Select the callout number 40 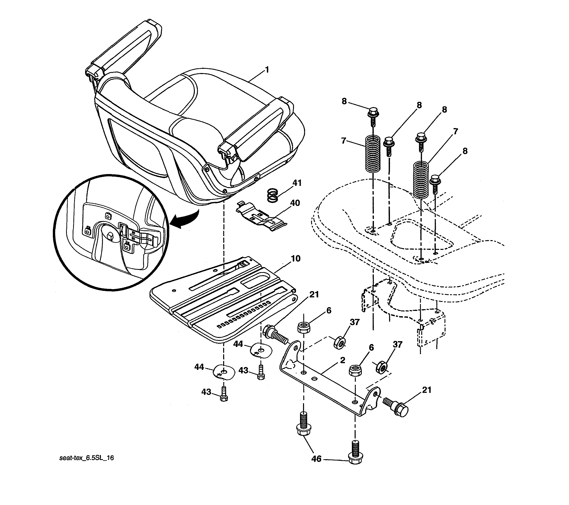tap(295, 203)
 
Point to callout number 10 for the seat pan tap(296, 259)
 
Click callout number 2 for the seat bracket tap(342, 360)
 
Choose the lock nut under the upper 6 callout tap(303, 327)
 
